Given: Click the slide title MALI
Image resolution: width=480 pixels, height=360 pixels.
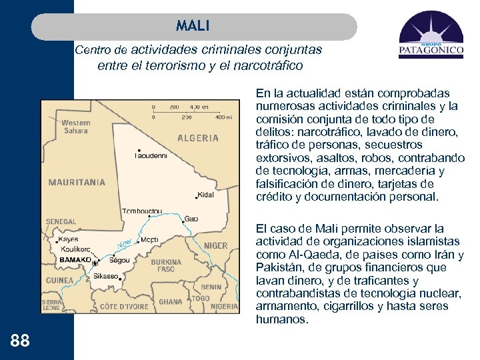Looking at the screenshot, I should [x=193, y=26].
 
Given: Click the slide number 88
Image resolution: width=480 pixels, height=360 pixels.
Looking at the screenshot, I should [x=20, y=341].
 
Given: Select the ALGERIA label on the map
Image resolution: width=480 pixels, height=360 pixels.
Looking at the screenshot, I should [x=198, y=138].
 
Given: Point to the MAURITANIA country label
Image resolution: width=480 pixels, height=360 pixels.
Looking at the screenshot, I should [x=77, y=181].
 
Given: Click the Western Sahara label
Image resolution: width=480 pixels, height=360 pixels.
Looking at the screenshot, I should [x=75, y=127].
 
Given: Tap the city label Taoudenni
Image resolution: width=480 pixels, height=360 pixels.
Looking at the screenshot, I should [x=151, y=156].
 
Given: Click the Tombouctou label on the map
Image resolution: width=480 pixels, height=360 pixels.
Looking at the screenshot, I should [x=141, y=211].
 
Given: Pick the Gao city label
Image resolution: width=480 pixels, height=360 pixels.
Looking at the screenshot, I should [x=191, y=218].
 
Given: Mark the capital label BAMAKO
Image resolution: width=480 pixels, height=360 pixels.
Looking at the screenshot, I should [x=75, y=259].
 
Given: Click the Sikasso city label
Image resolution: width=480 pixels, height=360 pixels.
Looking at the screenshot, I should [x=106, y=275].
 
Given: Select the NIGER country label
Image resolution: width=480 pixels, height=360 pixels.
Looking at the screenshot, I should [x=215, y=245].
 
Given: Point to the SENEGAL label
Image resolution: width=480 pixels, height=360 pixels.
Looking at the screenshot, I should [x=61, y=221].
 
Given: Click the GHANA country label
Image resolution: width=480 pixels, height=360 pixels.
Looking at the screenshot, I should [x=170, y=301].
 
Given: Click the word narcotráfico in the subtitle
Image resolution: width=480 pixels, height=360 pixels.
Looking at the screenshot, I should [x=267, y=66].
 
